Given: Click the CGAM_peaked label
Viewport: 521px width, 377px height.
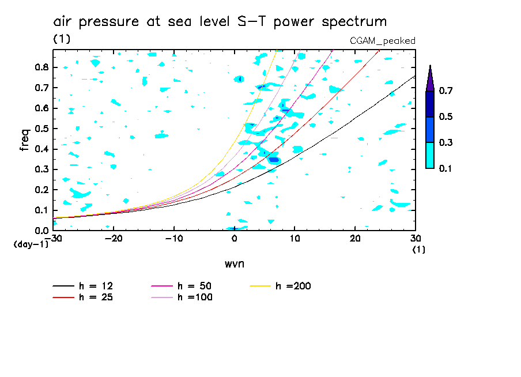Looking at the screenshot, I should (x=383, y=40).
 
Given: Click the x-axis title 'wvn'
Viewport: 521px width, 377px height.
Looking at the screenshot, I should (x=234, y=263).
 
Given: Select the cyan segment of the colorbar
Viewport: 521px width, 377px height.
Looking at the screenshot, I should (x=430, y=155).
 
